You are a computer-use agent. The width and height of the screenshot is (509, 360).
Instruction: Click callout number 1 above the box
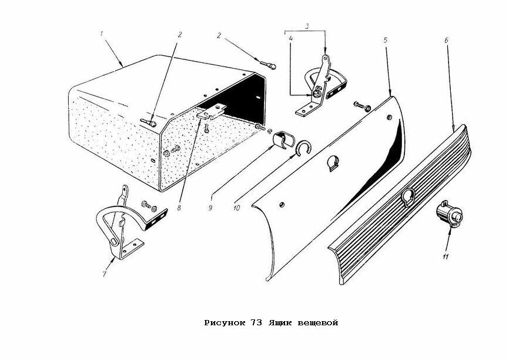[102, 34]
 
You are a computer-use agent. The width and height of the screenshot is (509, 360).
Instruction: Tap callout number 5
[386, 40]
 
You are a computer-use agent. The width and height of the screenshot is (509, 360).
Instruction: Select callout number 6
[446, 40]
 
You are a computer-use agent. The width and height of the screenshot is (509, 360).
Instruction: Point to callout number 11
[446, 256]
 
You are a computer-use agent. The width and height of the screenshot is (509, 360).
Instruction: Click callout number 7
[104, 274]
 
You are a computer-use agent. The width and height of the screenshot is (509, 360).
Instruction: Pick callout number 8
[179, 208]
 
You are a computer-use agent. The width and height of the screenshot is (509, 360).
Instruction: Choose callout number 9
[210, 208]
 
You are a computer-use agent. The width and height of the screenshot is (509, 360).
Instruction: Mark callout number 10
[237, 208]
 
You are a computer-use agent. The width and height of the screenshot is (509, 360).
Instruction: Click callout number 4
[291, 38]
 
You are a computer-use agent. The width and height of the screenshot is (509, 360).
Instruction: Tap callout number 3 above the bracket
[307, 26]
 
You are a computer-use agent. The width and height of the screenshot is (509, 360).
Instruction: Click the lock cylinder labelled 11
[450, 213]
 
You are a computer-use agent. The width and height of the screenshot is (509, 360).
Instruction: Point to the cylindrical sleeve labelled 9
[284, 140]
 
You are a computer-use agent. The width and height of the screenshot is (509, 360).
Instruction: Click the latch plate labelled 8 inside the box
[212, 111]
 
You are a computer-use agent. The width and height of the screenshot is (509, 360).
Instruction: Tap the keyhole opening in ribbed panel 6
[408, 198]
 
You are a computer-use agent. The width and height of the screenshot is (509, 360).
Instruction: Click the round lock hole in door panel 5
[334, 163]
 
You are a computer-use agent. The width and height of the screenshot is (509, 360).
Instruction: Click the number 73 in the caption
[256, 322]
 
